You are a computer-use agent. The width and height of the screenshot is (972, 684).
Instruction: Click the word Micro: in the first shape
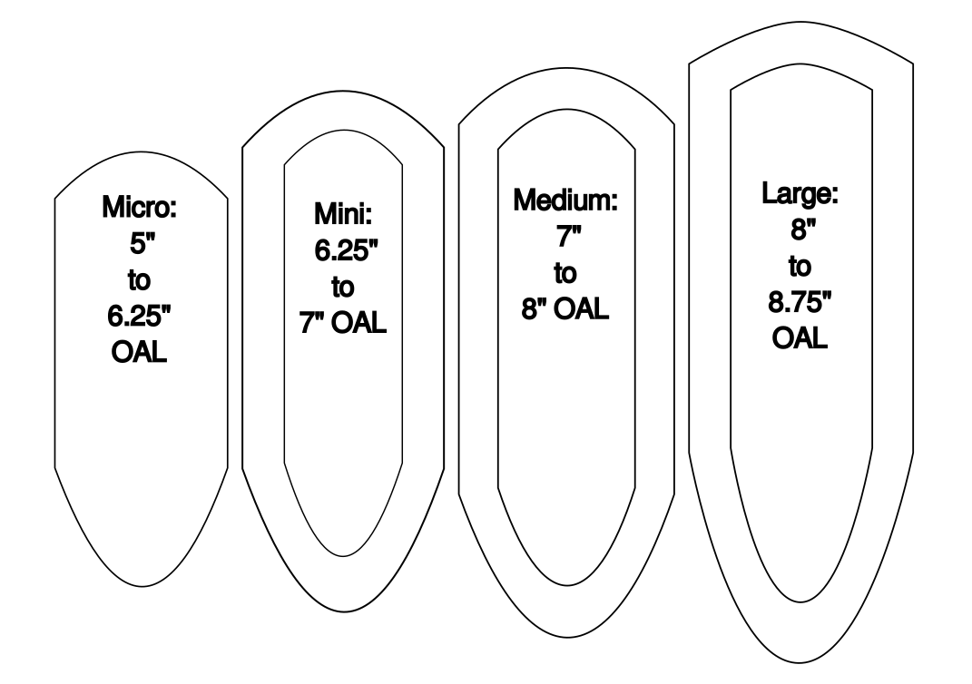pos(140,207)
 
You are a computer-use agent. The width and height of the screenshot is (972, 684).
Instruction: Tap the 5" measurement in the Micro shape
pos(142,243)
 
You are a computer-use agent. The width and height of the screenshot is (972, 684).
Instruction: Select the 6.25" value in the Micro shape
pos(139,316)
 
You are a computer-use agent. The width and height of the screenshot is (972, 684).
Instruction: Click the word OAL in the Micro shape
pos(139,353)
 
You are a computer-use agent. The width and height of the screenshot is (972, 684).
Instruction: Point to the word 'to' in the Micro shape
pos(139,280)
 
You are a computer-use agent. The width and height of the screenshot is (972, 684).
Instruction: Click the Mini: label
pos(343,214)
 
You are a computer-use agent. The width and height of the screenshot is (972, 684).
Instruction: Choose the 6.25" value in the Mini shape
pos(346,250)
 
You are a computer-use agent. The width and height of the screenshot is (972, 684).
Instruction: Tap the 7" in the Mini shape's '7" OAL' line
pos(312,323)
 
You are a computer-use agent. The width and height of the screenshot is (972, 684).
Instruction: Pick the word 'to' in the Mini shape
pos(342,287)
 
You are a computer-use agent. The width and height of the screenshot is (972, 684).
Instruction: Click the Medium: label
pos(565,200)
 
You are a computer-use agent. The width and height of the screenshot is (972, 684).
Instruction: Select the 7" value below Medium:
pos(568,236)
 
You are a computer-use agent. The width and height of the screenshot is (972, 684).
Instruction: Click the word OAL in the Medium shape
pos(581,308)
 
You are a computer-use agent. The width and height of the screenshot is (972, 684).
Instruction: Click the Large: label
pos(800,193)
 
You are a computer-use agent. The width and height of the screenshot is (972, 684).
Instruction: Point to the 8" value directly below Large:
pos(803,230)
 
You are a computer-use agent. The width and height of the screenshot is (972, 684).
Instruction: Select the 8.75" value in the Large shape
pos(800,302)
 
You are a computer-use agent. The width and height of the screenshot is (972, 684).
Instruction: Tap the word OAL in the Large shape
pos(800,338)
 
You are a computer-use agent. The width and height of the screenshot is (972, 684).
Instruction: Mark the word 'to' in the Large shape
pos(800,266)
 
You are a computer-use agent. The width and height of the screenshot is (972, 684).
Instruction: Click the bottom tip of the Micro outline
pos(142,586)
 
